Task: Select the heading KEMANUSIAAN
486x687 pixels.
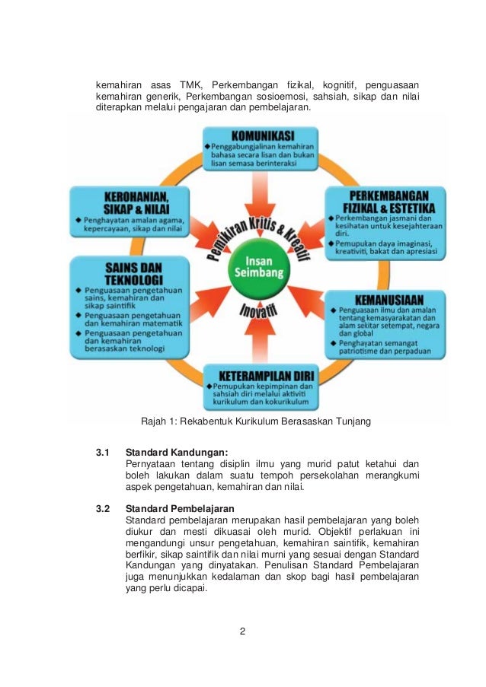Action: pos(388,297)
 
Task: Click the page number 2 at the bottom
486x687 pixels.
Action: pos(241,631)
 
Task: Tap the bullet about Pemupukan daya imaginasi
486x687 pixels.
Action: pos(384,248)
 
